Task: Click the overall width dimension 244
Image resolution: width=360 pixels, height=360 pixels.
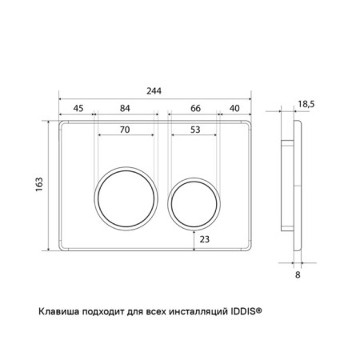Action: coord(154,91)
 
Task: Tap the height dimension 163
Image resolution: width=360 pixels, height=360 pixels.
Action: coord(39,184)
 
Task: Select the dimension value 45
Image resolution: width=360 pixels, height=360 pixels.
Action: coord(78,108)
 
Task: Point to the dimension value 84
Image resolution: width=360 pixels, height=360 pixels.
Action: coord(125,108)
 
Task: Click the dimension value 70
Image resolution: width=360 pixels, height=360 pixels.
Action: coord(125,130)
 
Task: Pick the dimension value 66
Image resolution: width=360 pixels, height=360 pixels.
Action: coord(195,108)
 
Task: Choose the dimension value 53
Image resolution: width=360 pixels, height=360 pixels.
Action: coord(195,130)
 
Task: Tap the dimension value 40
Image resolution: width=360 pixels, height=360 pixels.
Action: coord(234,108)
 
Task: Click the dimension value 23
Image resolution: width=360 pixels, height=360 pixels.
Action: coord(205,239)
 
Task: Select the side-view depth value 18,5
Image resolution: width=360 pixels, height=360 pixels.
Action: coord(306,104)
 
